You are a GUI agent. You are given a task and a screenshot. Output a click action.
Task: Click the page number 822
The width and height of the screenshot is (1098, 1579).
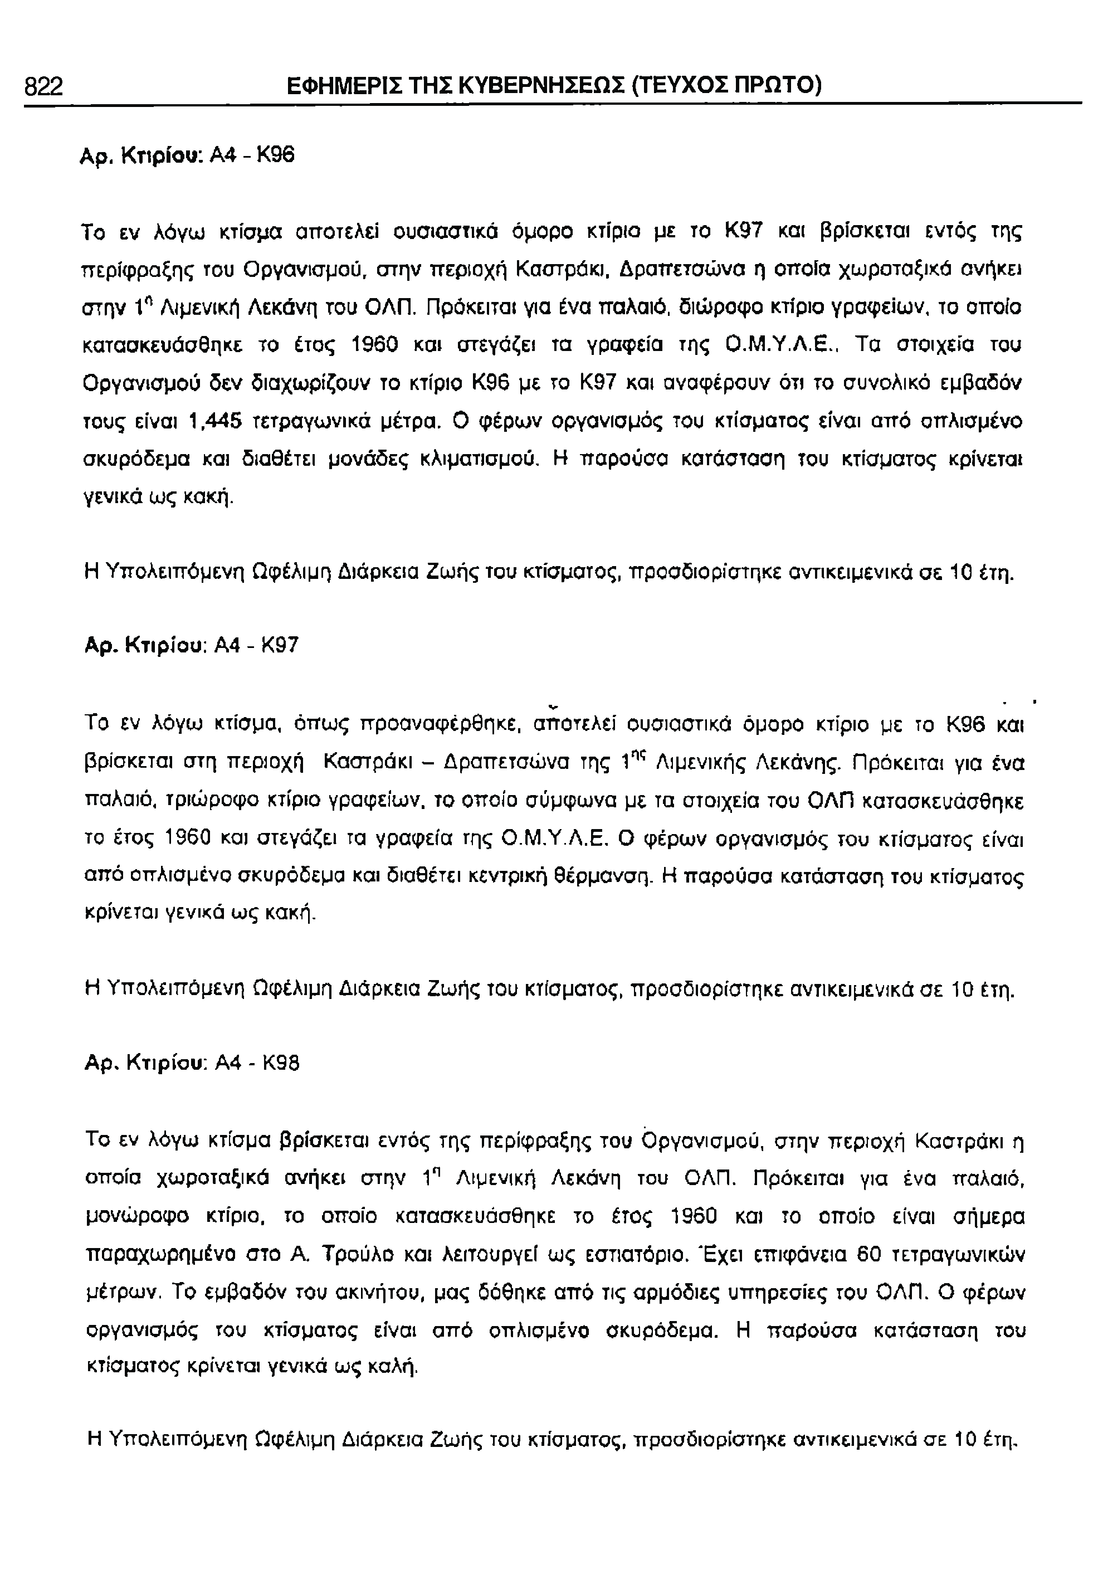click(x=43, y=87)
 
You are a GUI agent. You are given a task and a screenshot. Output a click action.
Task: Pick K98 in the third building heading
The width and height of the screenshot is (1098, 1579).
click(x=281, y=1064)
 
